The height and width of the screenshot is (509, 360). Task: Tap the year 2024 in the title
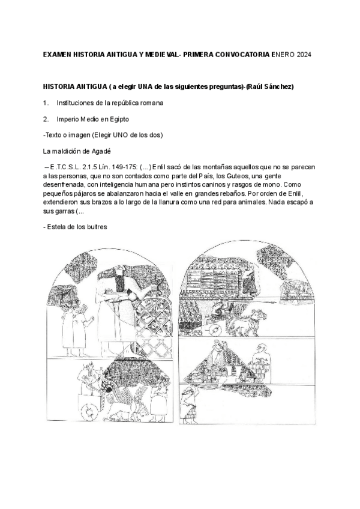pos(302,55)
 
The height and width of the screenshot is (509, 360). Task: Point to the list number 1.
pos(46,103)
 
